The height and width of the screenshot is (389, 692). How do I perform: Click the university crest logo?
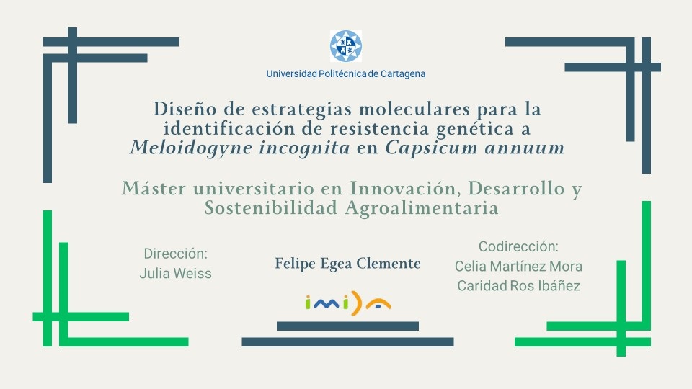(346, 46)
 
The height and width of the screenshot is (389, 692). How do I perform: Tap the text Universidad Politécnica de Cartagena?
(346, 73)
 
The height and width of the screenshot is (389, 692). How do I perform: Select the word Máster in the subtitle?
(154, 189)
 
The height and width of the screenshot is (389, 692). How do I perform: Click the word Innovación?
(406, 189)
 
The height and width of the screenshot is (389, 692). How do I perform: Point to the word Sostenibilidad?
(271, 207)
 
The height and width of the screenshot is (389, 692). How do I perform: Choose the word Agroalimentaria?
(422, 208)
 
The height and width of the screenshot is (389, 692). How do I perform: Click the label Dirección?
(176, 254)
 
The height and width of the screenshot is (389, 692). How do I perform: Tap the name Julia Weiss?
(176, 274)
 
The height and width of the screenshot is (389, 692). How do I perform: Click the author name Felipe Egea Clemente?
(347, 264)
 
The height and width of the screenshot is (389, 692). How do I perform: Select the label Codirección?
(518, 246)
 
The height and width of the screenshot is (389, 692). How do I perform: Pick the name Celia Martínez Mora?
(518, 267)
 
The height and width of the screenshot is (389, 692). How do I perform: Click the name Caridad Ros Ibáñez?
(518, 286)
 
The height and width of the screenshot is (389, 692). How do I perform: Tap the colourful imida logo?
(348, 303)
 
